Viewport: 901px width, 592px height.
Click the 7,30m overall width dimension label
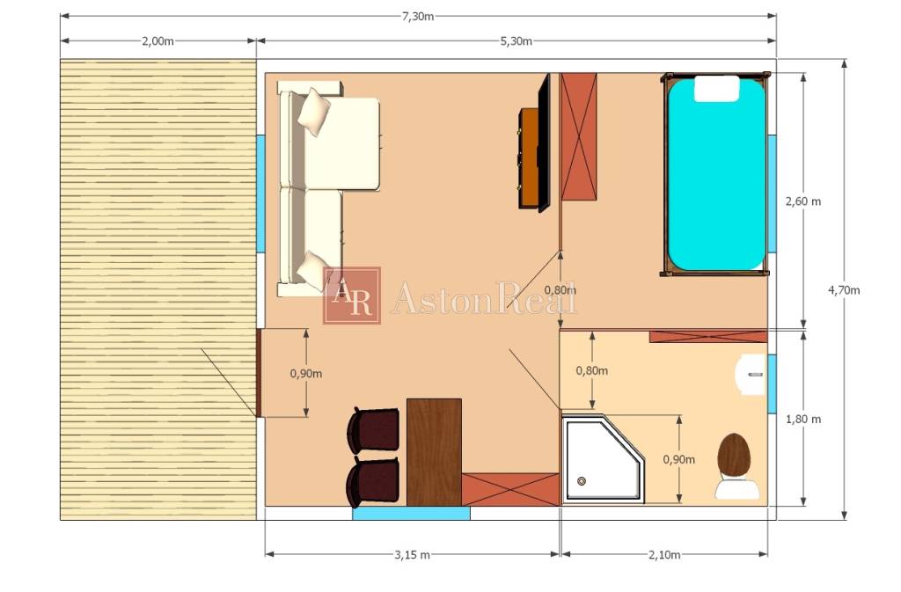418,16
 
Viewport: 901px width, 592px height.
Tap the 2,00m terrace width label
157,40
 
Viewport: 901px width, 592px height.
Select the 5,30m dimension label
516,40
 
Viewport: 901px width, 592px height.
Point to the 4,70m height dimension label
844,290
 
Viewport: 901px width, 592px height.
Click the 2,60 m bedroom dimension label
803,201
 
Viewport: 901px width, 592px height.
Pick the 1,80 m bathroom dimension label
803,420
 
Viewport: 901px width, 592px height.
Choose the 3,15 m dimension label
412,555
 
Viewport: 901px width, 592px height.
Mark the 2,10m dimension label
664,555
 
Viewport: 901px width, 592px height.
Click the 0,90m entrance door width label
305,374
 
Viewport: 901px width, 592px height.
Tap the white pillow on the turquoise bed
716,89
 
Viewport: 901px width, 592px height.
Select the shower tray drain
582,481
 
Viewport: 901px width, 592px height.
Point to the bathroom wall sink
751,375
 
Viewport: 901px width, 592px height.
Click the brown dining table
434,452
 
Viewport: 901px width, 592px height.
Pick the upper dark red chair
373,429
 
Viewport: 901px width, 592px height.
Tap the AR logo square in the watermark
352,296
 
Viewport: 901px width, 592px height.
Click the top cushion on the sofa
314,111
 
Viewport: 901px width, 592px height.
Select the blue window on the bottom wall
411,514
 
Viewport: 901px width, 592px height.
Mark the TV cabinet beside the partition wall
530,158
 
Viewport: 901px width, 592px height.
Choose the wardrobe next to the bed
579,136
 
